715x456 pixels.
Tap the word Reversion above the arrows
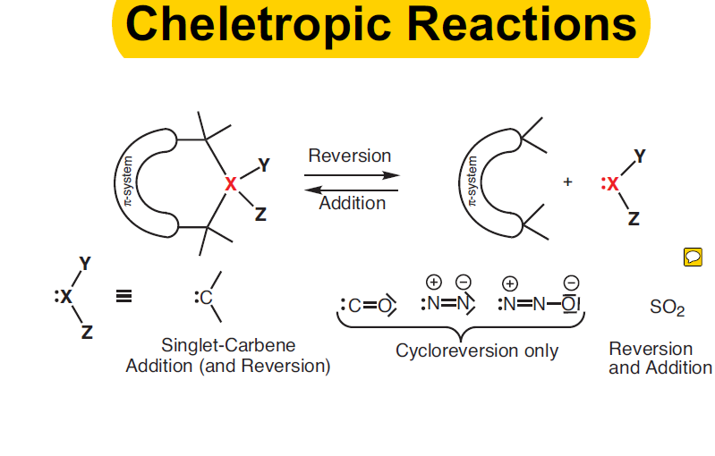point(349,156)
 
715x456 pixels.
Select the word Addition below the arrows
point(352,203)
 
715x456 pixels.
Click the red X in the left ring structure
point(231,184)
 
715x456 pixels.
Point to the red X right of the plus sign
point(612,184)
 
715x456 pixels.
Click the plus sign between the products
point(567,182)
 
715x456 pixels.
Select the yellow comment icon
point(693,258)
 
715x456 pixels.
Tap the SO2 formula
point(667,308)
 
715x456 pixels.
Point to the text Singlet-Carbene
point(228,344)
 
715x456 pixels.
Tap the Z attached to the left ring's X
point(260,214)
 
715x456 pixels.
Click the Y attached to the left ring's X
point(263,165)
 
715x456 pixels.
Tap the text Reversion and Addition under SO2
point(660,358)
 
